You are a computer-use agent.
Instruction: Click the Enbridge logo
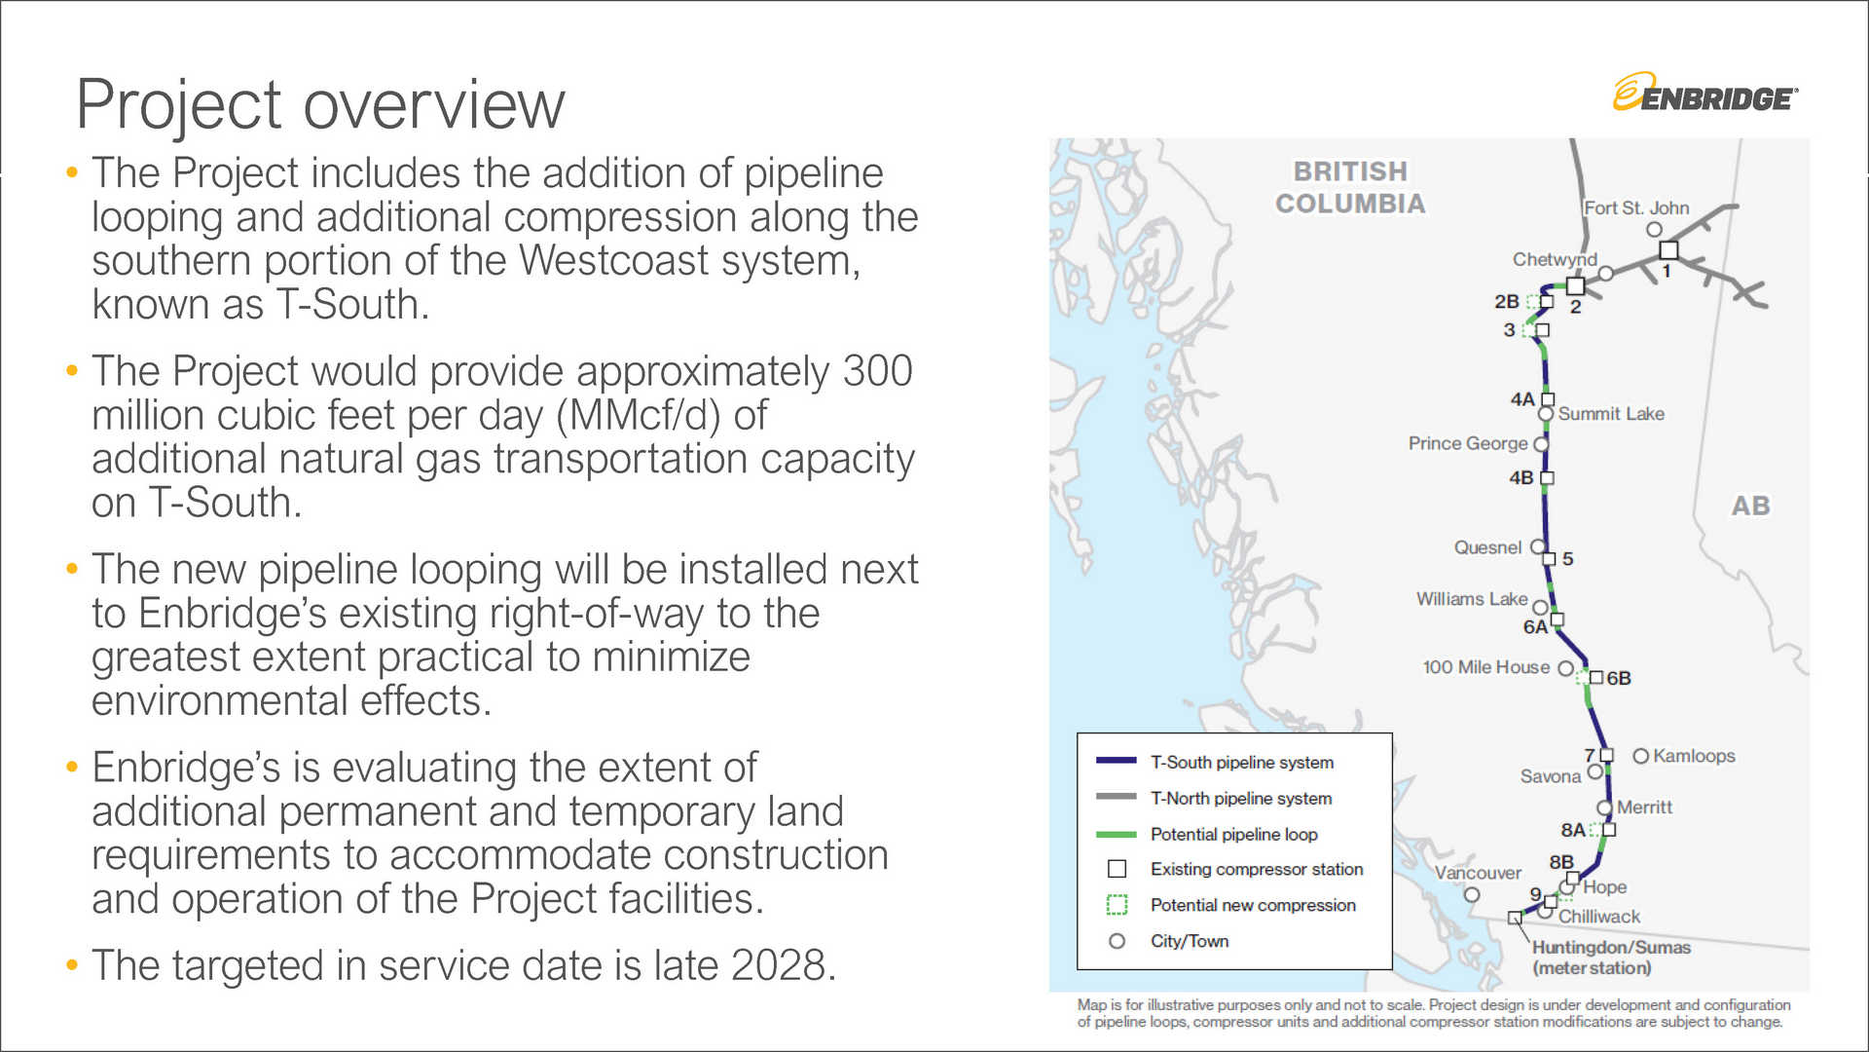1704,93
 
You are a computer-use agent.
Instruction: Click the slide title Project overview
320,104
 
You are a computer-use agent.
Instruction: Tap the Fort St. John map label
1636,207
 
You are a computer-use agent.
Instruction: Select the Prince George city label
1468,443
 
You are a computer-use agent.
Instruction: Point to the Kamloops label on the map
1694,756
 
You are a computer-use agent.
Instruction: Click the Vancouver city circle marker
1472,894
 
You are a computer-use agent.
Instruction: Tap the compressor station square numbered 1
1668,250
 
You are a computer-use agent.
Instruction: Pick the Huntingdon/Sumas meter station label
1611,958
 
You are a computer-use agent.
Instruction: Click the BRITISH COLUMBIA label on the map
1350,187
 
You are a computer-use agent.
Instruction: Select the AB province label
1750,506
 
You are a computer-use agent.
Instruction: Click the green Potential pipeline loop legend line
1117,834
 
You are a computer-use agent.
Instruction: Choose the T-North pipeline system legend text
1241,799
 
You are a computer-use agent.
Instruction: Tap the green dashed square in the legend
1117,905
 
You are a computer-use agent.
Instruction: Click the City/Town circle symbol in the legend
1117,941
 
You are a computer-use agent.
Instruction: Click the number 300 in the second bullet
878,371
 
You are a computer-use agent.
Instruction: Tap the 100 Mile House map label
1485,667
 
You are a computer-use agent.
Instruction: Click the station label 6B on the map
1619,678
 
